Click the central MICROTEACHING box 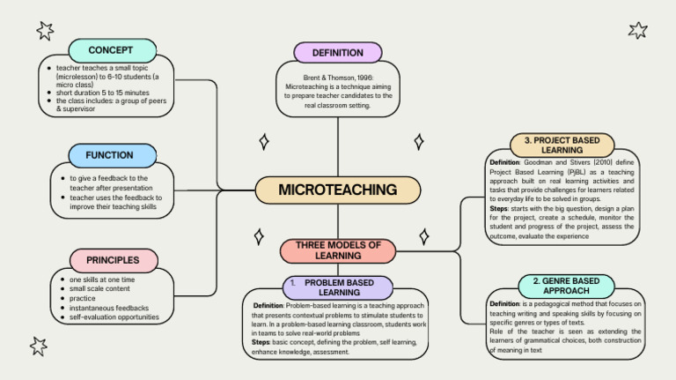point(337,190)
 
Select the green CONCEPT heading point(111,50)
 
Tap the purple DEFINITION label point(337,53)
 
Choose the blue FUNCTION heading point(110,155)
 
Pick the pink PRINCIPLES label point(113,260)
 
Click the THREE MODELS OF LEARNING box point(338,250)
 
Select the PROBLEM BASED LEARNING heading point(338,287)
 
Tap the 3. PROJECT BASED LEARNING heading point(562,145)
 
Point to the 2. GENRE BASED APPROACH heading point(560,286)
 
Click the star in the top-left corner point(45,31)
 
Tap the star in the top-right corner point(638,31)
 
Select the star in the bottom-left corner point(39,346)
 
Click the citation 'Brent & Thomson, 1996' point(338,78)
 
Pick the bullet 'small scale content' point(99,288)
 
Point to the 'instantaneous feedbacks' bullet point(109,308)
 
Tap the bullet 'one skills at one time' point(102,279)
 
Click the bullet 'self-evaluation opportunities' point(114,317)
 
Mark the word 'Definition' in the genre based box point(505,304)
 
